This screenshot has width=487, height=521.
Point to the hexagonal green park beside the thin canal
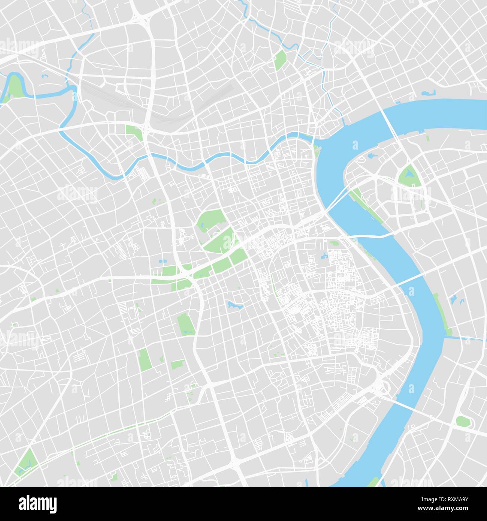280,60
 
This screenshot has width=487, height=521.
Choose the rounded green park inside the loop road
463,421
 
